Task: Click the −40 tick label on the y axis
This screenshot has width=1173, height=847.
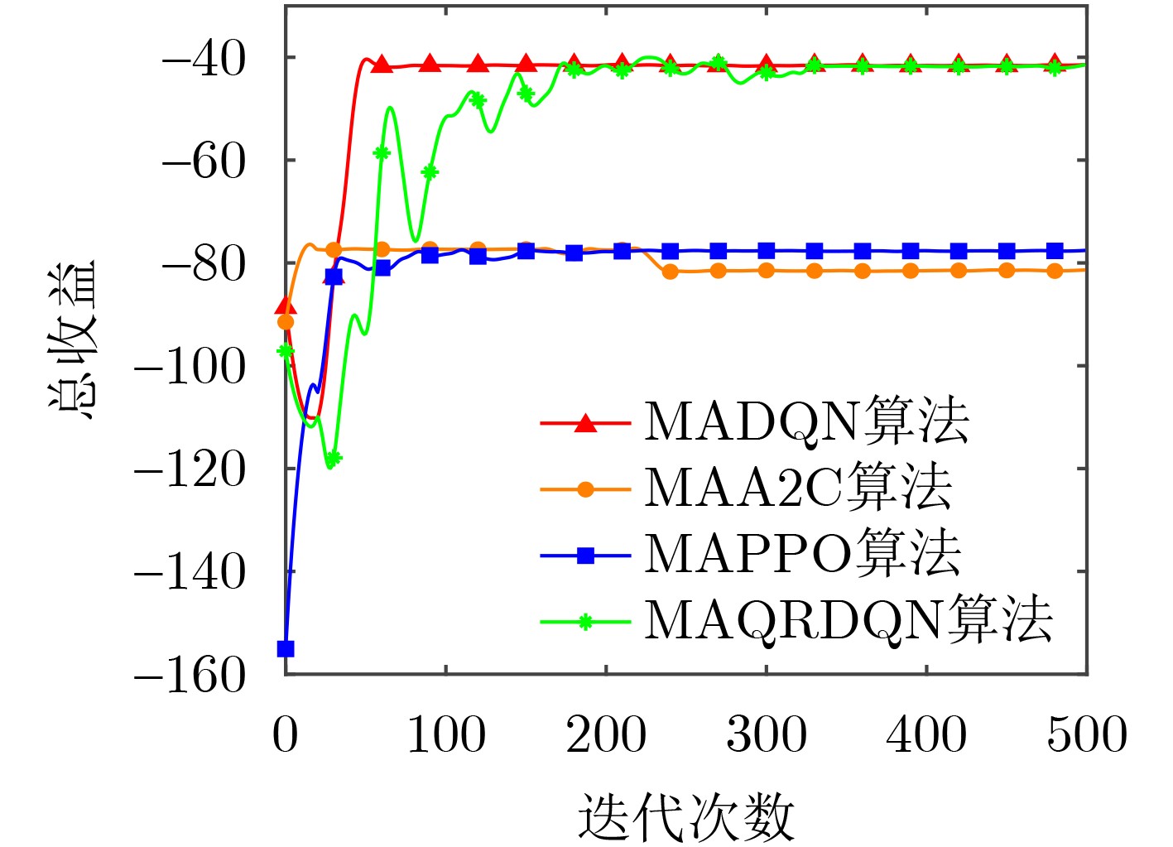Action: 203,60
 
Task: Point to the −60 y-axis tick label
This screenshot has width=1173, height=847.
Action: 203,162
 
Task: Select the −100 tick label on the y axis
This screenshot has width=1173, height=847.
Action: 190,367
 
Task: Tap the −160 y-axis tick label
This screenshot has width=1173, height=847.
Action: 190,676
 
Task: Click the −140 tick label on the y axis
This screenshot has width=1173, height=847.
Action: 190,573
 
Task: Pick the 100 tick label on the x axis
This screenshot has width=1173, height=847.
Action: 445,734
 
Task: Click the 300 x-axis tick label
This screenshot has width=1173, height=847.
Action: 766,734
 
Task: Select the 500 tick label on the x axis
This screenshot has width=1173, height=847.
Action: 1086,734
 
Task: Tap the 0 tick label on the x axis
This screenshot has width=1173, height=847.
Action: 285,734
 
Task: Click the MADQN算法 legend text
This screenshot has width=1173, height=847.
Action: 805,421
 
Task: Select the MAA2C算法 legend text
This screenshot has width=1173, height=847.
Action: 797,488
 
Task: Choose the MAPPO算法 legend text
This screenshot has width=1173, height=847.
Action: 801,553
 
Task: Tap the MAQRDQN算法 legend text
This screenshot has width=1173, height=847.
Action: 848,619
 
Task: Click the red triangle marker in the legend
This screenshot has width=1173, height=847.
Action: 585,423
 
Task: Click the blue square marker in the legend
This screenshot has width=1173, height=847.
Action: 585,555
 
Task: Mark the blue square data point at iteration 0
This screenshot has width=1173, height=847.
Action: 286,648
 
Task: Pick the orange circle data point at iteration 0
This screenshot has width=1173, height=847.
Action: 286,321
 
